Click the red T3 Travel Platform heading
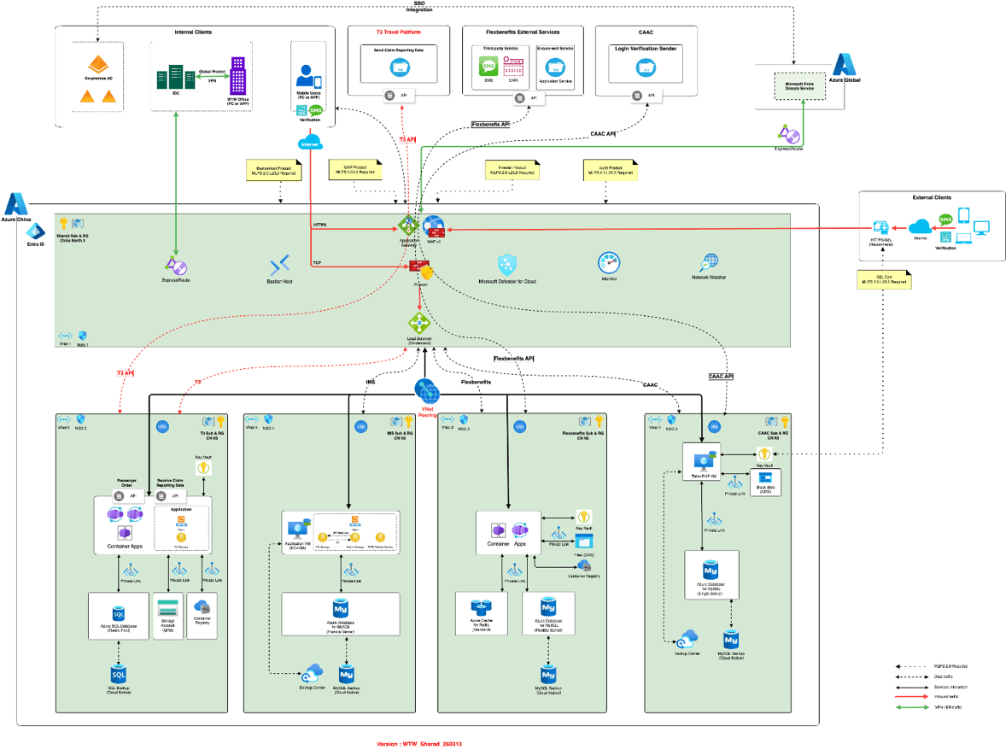400,32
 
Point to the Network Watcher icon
711,263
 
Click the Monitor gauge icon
609,262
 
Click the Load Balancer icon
418,324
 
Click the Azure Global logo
845,66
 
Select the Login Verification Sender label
645,50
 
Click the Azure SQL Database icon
119,614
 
